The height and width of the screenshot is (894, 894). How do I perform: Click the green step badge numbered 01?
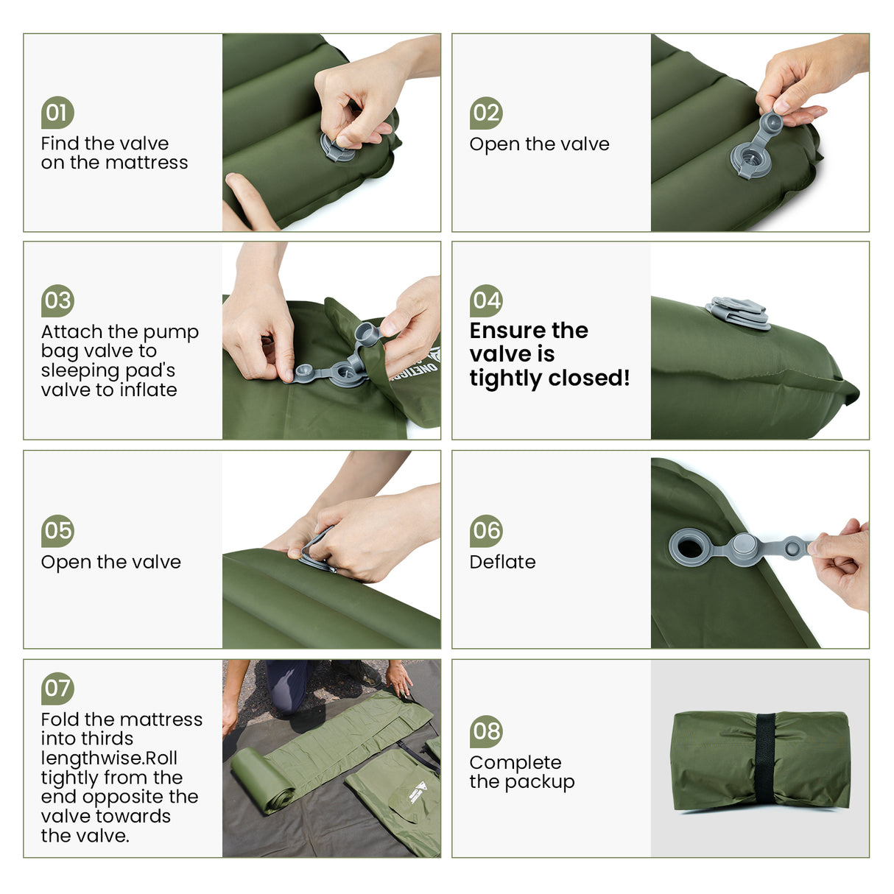pos(57,113)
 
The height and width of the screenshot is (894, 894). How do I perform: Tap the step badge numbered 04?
pos(486,300)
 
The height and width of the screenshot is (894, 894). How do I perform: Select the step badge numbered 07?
pos(57,689)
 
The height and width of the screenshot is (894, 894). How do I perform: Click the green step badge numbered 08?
pos(486,731)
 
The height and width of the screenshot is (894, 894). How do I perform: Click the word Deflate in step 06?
pos(502,562)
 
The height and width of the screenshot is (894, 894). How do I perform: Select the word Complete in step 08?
pos(515,763)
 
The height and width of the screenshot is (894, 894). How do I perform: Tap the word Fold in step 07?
pos(60,719)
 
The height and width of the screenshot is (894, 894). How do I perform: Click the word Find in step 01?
pos(58,144)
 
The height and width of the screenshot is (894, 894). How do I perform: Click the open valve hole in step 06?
pos(689,547)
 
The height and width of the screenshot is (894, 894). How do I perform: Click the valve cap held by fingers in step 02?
pos(772,122)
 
